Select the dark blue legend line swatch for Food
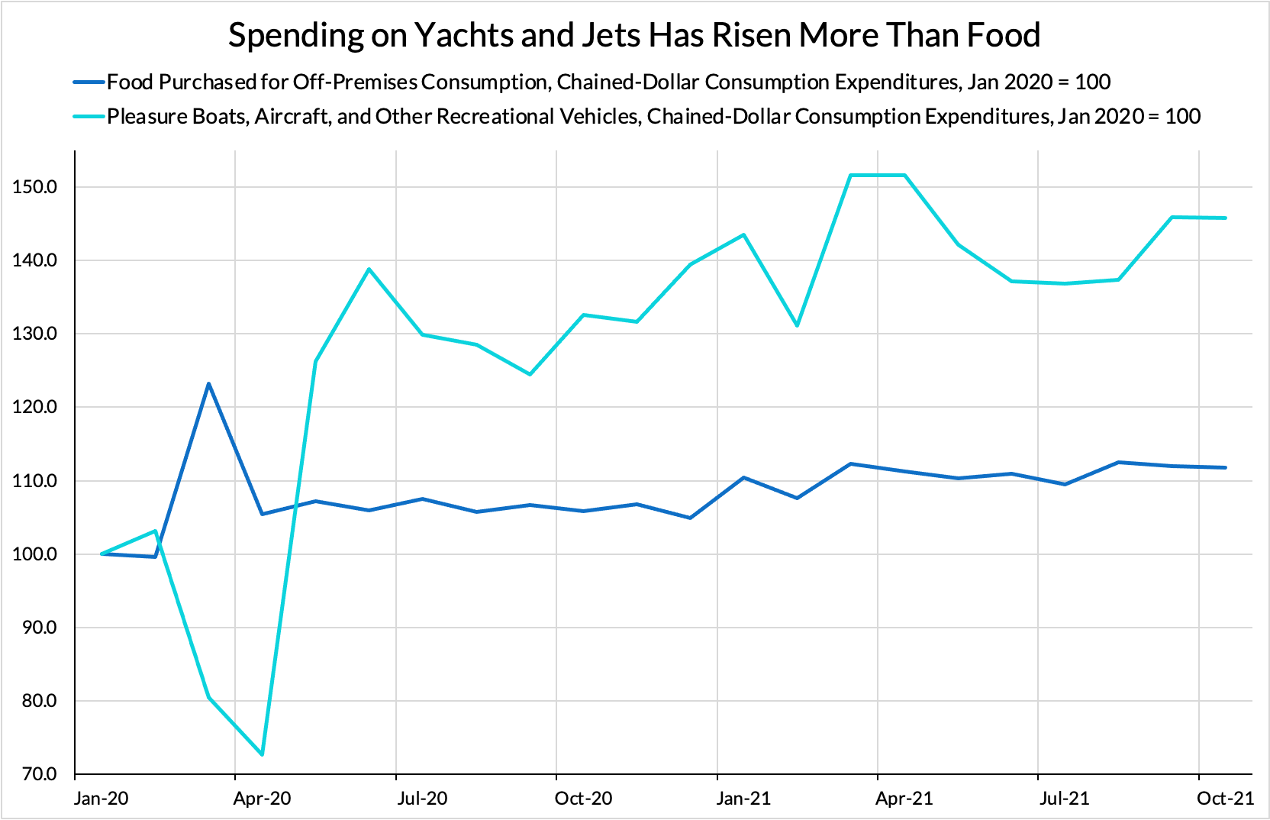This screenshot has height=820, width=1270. click(x=88, y=82)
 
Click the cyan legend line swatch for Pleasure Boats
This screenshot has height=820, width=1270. click(x=88, y=116)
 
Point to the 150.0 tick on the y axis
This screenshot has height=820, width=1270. click(x=34, y=187)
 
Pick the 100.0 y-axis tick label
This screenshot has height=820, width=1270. click(x=34, y=554)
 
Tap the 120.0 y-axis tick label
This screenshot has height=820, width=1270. click(x=34, y=407)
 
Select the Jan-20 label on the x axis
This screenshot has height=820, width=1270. click(x=102, y=799)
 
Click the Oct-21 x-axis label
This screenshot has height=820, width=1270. click(x=1225, y=799)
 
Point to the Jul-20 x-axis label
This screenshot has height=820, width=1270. click(x=423, y=799)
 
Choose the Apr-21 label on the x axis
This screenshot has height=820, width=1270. click(x=904, y=799)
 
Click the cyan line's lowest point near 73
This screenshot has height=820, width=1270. click(x=263, y=754)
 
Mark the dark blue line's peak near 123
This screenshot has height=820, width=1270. click(x=208, y=383)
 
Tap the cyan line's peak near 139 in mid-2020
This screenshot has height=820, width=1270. click(x=369, y=269)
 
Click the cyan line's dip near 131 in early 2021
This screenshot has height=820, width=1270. click(x=797, y=326)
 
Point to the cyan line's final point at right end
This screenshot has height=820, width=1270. click(x=1226, y=218)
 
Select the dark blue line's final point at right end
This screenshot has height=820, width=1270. click(x=1226, y=467)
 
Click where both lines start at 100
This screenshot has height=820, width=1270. click(x=102, y=554)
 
